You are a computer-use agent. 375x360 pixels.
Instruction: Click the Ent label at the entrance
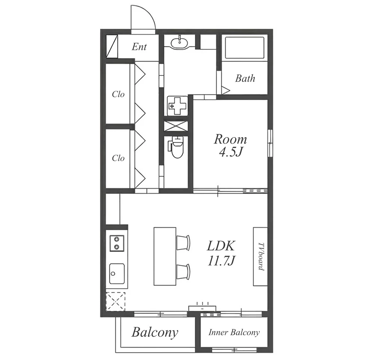(139, 47)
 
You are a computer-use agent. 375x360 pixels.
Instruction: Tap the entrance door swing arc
(149, 13)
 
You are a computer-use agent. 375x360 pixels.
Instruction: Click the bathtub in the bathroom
(244, 47)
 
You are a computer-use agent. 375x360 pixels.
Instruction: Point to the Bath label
(245, 79)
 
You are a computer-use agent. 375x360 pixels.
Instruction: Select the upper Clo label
(118, 94)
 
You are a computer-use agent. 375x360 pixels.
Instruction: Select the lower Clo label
(118, 158)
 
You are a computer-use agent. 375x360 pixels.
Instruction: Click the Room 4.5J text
(230, 145)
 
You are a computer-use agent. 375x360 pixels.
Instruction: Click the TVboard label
(261, 257)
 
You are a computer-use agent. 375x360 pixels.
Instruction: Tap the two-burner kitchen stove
(117, 243)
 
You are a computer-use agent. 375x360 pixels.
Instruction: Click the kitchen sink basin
(117, 274)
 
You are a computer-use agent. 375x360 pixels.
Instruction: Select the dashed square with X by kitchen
(116, 302)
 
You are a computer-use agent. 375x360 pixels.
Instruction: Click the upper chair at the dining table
(183, 242)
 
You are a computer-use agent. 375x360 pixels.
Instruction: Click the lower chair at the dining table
(183, 271)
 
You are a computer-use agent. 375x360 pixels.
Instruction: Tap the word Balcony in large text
(155, 332)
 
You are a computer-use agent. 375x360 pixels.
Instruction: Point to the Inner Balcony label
(234, 333)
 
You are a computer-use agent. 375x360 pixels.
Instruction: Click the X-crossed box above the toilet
(176, 126)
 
